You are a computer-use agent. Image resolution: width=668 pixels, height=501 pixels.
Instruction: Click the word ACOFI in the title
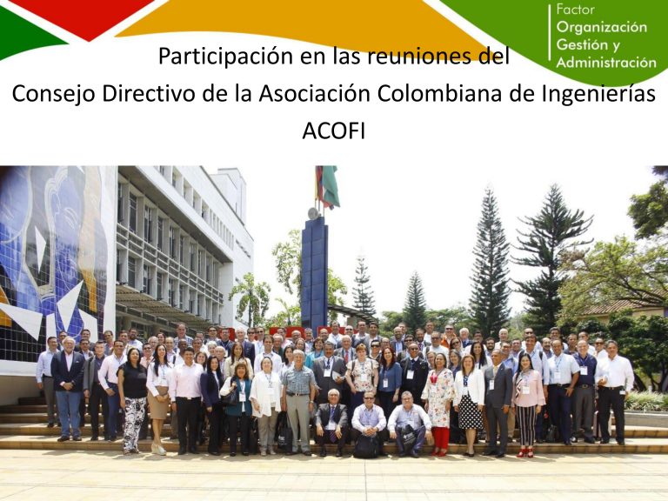click(334, 131)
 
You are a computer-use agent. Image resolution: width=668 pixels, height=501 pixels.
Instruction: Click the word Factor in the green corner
click(575, 10)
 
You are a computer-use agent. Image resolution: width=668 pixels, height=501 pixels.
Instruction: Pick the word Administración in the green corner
click(606, 63)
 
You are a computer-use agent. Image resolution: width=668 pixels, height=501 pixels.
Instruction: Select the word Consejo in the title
click(54, 95)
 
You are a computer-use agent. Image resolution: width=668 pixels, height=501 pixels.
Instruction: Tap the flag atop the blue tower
click(328, 187)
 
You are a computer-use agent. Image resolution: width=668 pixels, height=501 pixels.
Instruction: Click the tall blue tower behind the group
click(314, 272)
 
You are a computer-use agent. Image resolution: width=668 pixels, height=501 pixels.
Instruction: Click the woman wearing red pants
click(439, 404)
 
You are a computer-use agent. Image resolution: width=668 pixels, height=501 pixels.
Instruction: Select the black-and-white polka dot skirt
click(470, 411)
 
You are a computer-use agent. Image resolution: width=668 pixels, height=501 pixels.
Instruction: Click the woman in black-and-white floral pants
click(133, 400)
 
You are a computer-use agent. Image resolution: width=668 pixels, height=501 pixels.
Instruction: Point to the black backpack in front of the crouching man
click(367, 446)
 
